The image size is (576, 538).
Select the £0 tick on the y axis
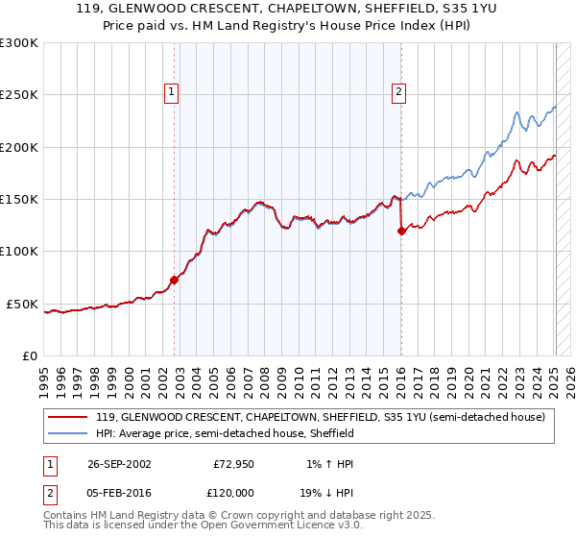click(x=30, y=355)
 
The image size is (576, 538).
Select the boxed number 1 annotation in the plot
click(x=171, y=92)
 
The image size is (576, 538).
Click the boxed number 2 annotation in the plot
click(x=397, y=92)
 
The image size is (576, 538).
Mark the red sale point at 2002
click(x=175, y=280)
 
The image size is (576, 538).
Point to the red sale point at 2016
click(x=401, y=231)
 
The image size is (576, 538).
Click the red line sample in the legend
click(x=69, y=417)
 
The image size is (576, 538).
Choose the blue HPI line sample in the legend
click(x=69, y=433)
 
